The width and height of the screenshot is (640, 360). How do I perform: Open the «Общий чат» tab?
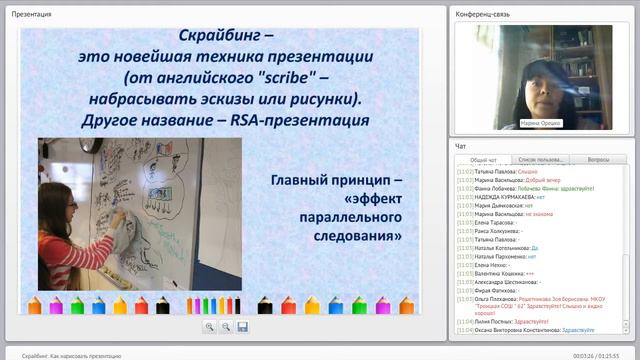coord(483,159)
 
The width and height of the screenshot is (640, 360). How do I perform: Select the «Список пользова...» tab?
coord(542,159)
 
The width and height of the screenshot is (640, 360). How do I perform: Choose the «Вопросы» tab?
coord(599,159)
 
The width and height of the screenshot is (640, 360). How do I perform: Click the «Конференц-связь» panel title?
coord(483,14)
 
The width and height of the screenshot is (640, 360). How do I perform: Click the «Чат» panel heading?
coord(460,146)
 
